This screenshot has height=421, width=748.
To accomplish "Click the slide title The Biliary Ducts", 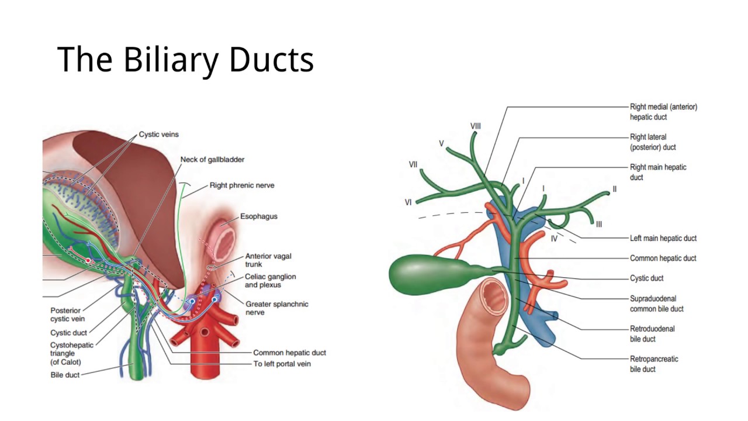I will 185,60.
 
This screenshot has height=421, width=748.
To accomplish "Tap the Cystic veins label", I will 158,134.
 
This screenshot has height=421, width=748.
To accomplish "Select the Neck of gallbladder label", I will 212,160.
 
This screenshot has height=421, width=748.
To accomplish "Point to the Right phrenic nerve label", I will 242,185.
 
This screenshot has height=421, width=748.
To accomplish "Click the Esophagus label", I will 259,216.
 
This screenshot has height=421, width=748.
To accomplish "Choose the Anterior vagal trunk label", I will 268,260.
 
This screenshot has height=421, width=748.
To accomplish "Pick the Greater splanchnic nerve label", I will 276,308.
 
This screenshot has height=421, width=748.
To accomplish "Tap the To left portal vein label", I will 282,364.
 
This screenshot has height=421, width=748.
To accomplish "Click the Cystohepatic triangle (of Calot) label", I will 71,353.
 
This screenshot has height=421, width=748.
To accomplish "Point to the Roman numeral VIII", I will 476,126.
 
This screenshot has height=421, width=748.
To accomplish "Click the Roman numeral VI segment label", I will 408,202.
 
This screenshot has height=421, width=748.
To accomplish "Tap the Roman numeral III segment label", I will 599,224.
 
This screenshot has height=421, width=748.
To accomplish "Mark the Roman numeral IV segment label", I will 554,239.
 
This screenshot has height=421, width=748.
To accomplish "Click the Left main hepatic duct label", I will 663,239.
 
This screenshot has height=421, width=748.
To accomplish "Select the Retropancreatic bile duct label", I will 654,364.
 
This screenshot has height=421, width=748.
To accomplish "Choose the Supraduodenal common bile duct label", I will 656,303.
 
